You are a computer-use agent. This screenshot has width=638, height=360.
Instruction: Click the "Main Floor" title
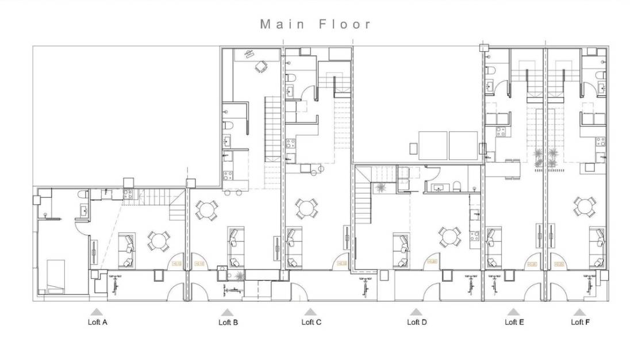316,24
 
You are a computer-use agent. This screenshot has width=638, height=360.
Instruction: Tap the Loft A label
97,322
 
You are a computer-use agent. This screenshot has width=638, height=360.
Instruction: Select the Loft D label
417,322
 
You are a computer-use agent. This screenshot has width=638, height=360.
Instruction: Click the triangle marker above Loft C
308,312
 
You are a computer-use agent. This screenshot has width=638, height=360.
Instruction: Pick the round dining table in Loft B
207,210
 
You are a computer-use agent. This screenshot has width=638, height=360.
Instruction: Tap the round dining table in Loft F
584,206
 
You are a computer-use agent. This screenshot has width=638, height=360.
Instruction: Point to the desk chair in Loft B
262,67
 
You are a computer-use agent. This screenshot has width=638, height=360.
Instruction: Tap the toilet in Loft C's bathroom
291,78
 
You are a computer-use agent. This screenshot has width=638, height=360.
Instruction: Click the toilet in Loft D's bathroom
457,186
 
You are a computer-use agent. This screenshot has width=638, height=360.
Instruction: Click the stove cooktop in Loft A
128,195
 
